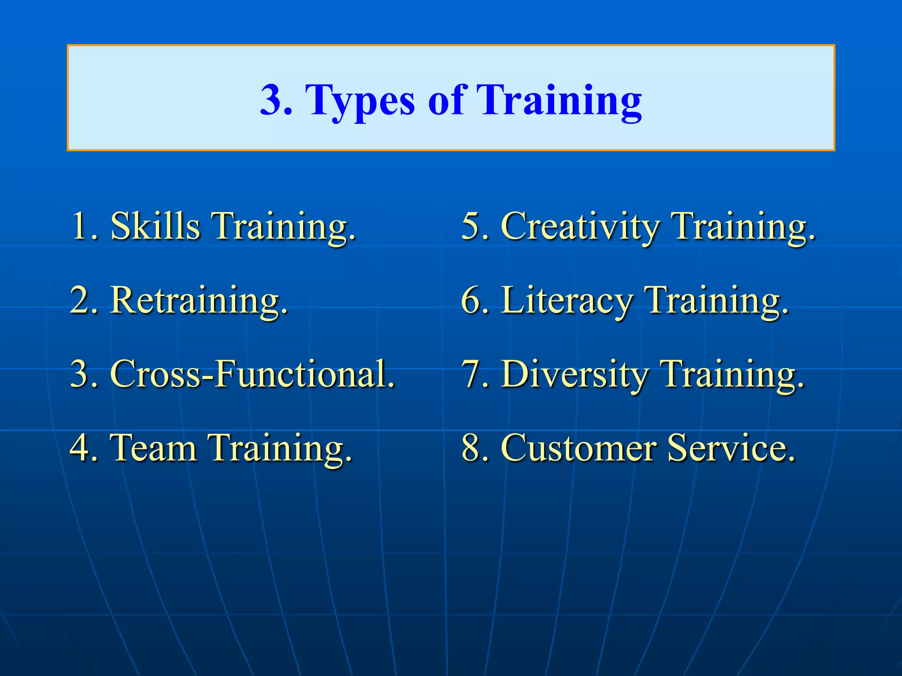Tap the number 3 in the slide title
271,100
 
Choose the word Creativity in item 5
580,227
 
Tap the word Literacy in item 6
566,301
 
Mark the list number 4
81,448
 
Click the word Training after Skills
284,227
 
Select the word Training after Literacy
715,301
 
